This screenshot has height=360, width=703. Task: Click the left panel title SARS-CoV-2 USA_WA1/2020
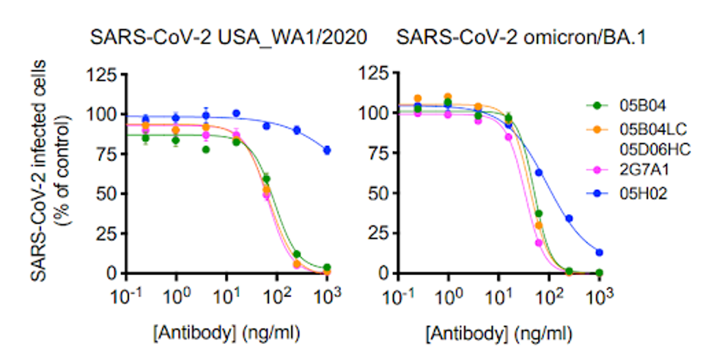click(x=229, y=36)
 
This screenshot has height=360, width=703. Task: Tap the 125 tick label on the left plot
click(x=103, y=75)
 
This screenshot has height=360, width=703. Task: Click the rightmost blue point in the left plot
click(x=327, y=150)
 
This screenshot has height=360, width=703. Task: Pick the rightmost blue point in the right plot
click(x=600, y=252)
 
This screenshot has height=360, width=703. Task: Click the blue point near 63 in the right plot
click(x=540, y=173)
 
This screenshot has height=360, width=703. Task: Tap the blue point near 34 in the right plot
click(x=569, y=218)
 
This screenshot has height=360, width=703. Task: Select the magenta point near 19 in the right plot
click(x=539, y=243)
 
